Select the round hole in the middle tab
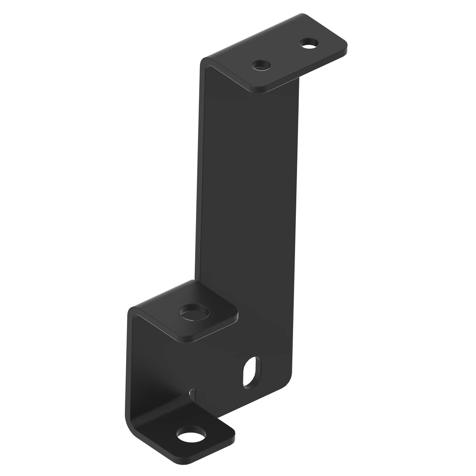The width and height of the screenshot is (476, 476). tap(194, 312)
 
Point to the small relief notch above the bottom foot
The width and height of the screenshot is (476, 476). tap(192, 393)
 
